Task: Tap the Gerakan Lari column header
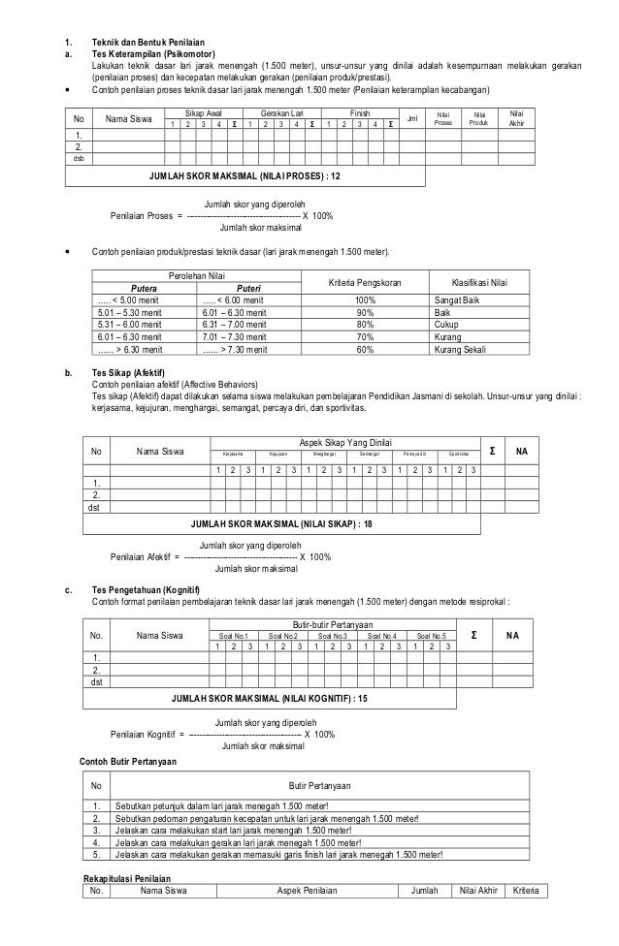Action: pos(281,113)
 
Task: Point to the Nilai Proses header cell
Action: pos(444,119)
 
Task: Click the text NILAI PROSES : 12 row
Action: pos(244,178)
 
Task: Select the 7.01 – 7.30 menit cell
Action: pos(232,336)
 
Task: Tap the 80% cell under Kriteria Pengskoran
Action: pos(366,325)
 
